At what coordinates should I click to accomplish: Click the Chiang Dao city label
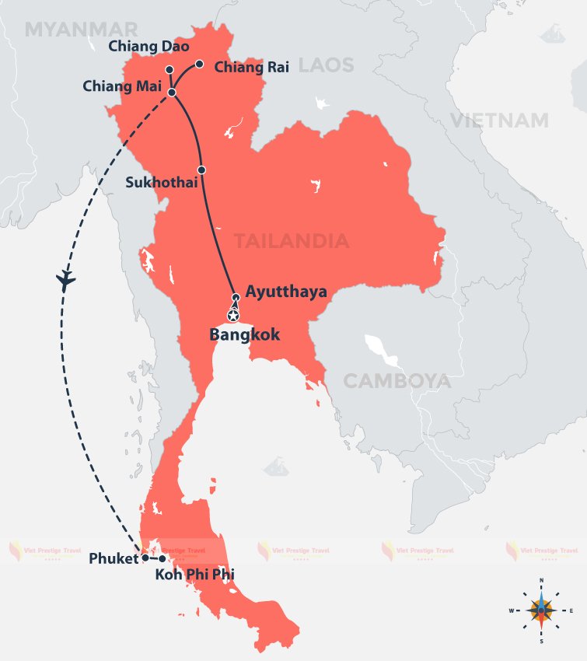pos(138,46)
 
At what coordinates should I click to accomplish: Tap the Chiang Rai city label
pos(251,67)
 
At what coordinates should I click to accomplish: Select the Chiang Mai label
pos(121,86)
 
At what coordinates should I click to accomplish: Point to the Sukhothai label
pos(161,182)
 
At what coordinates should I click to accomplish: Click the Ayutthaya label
pos(285,292)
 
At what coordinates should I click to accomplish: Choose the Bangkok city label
pos(244,335)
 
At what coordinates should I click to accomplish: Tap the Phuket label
pos(114,558)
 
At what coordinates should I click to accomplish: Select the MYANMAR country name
pos(81,30)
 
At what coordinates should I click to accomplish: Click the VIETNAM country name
pos(498,120)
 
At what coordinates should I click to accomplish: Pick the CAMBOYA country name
pos(397,381)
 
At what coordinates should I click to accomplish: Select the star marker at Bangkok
pos(232,315)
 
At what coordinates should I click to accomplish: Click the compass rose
pos(541,610)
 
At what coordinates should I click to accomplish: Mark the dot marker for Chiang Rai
pos(199,64)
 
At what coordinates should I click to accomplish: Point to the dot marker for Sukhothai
pos(201,170)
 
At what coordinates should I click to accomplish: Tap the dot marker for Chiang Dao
pos(169,69)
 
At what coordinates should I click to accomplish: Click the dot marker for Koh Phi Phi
pos(162,558)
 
